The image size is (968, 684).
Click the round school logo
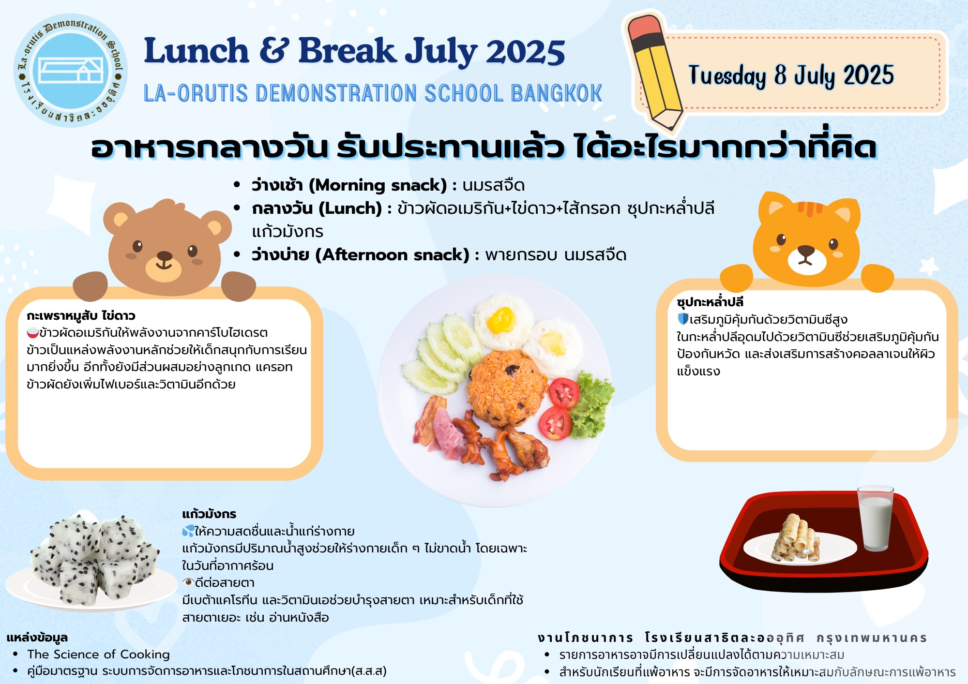pos(71,70)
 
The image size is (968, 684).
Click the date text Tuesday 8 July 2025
pos(791,76)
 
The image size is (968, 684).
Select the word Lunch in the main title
pos(197,51)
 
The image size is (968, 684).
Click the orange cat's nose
pos(806,250)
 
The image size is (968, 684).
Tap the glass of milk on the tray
pos(876,518)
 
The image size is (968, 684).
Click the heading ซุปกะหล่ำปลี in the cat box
pos(710,302)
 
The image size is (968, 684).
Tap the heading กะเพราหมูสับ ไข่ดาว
pos(81,316)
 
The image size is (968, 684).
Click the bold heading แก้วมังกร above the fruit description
pos(209,514)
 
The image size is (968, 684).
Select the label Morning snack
pos(378,185)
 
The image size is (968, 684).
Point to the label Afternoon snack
pos(392,255)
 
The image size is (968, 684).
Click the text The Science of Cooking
pos(99,654)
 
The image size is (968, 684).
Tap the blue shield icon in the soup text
pos(683,319)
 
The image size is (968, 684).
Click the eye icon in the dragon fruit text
pos(188,582)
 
